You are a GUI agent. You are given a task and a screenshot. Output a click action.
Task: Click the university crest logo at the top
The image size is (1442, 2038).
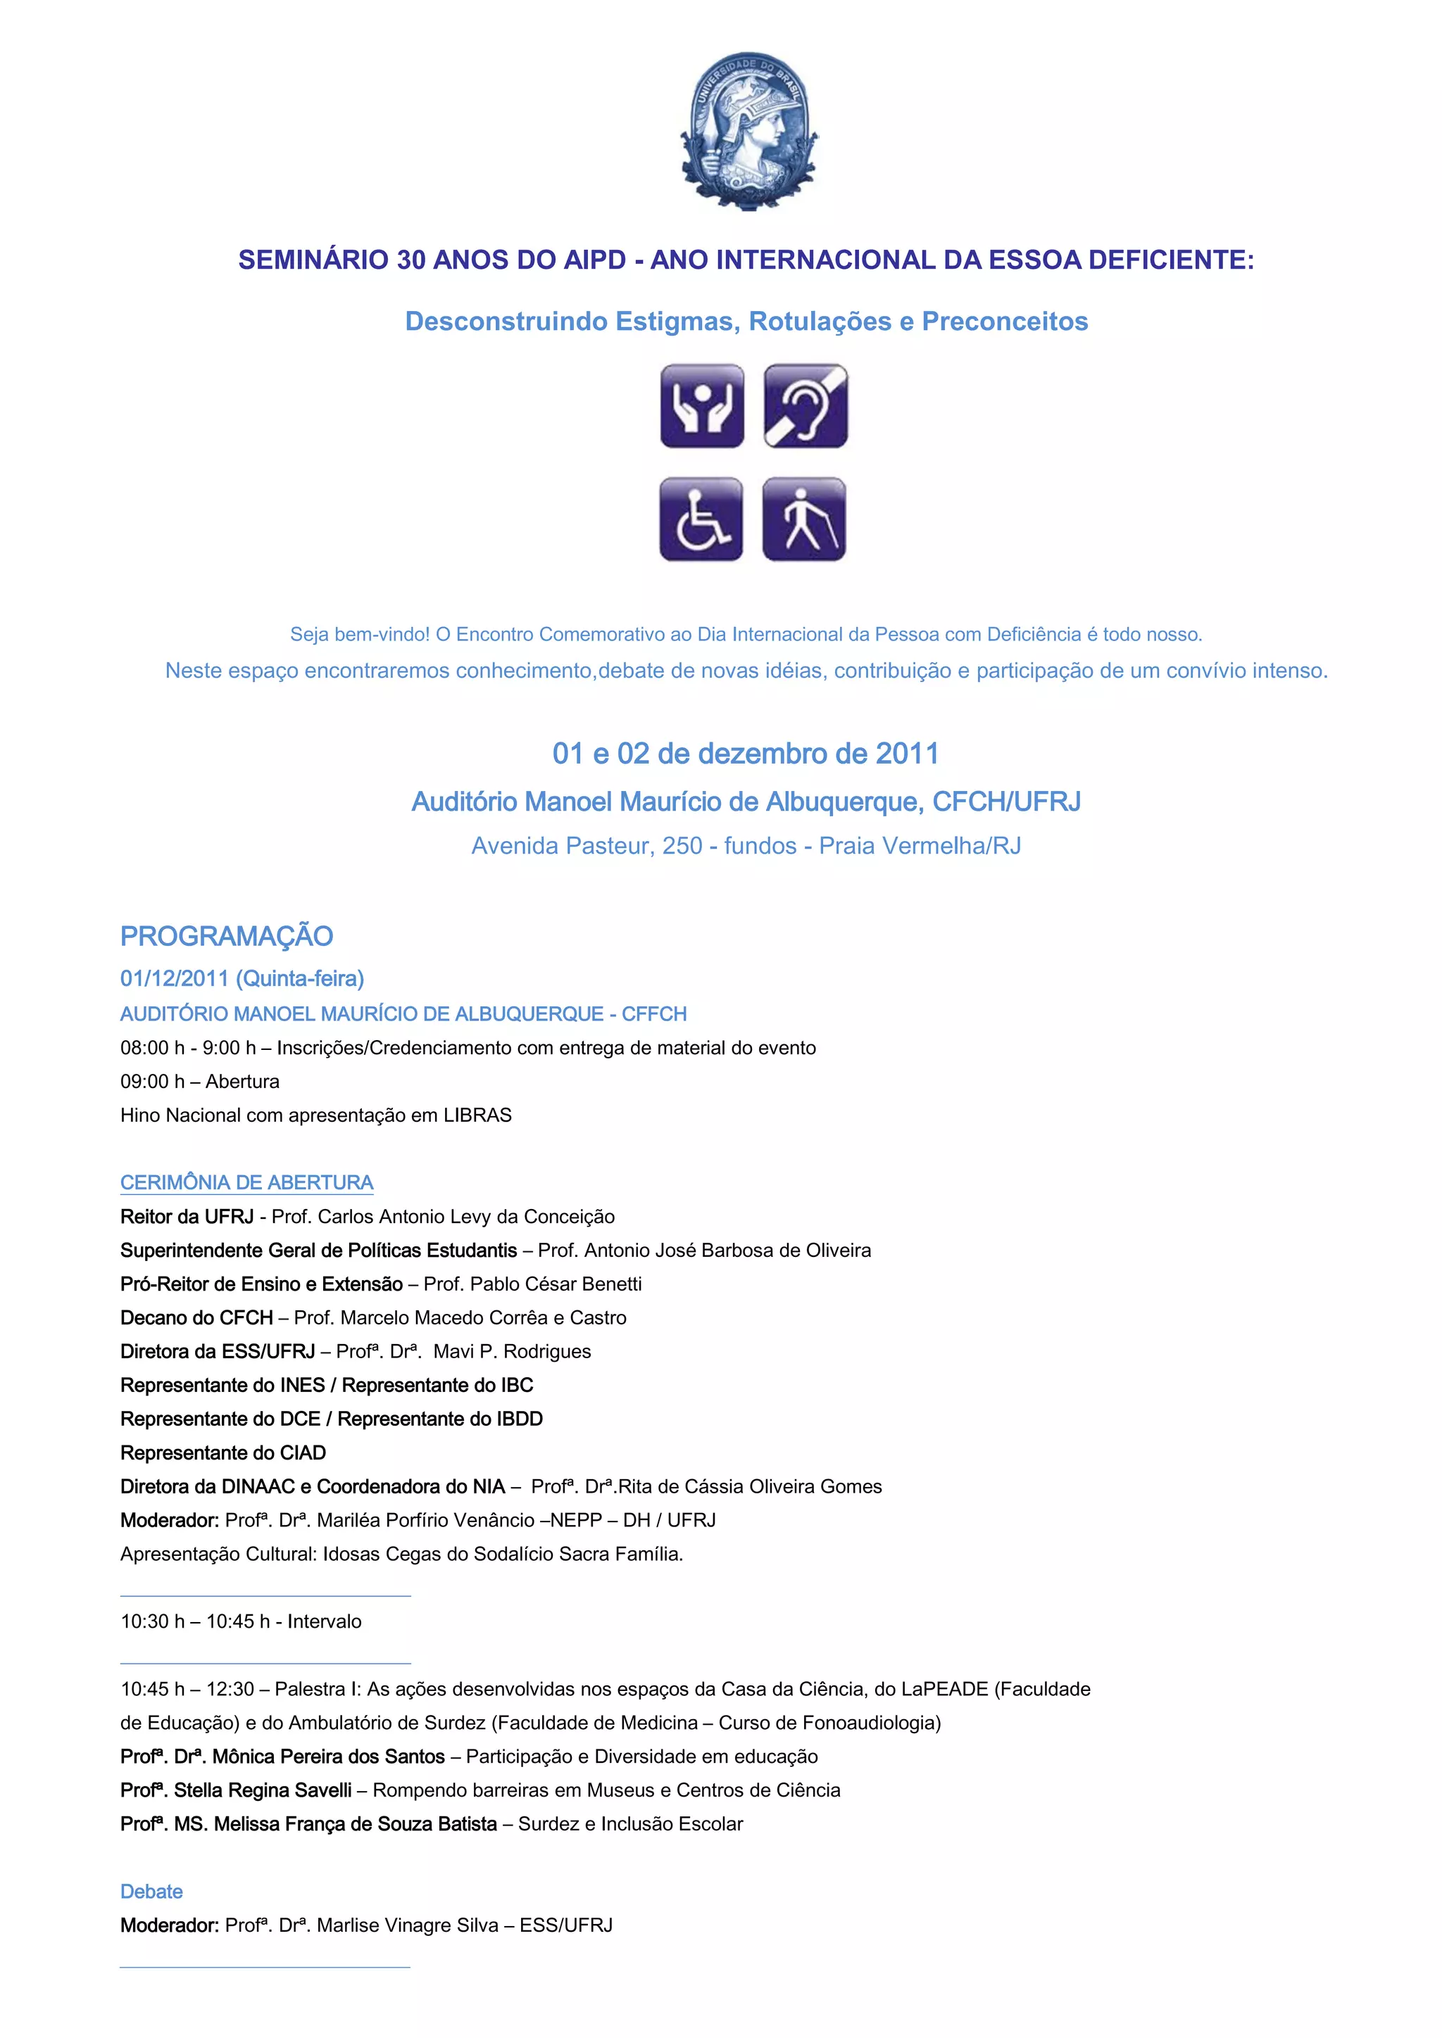tap(748, 130)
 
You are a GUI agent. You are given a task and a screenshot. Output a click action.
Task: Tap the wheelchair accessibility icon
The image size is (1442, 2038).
tap(701, 519)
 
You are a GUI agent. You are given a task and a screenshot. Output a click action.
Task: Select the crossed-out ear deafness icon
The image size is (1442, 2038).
tap(805, 405)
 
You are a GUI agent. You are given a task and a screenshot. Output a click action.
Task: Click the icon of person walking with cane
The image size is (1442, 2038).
tap(803, 519)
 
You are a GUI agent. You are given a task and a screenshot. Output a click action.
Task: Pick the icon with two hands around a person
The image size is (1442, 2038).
tap(701, 405)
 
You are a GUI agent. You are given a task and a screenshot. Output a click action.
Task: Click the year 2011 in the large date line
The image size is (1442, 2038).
tap(907, 754)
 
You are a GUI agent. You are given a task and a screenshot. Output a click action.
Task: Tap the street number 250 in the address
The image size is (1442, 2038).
tap(682, 846)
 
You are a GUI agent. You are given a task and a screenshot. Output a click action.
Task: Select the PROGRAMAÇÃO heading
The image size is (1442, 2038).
tap(227, 937)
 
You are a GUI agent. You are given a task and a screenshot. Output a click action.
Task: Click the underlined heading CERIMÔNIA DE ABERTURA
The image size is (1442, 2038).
tap(247, 1182)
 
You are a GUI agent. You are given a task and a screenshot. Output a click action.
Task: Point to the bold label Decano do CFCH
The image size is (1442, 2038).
tap(196, 1317)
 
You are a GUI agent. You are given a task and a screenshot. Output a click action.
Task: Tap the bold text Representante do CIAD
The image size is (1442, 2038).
tap(223, 1452)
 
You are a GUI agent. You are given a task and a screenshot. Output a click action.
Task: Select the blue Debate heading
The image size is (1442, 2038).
tap(152, 1891)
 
